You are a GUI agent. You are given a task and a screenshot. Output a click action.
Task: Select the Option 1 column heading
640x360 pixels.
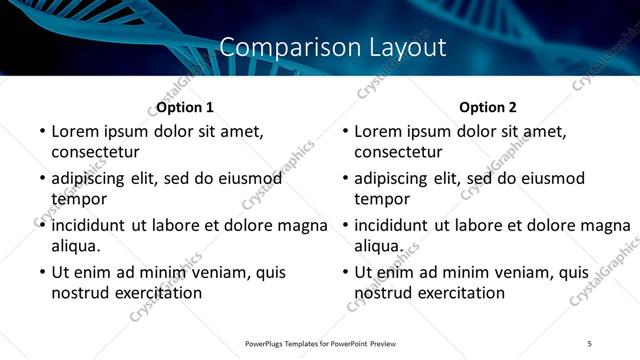pos(185,107)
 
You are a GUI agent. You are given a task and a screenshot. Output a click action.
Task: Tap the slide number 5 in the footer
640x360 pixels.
pos(590,343)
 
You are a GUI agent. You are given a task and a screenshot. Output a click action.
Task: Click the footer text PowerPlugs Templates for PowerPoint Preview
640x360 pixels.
pos(320,343)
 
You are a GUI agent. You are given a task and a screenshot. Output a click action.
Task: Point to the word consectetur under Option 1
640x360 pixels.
pos(95,152)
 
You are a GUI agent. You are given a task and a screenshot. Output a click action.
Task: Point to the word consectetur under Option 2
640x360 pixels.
pos(398,152)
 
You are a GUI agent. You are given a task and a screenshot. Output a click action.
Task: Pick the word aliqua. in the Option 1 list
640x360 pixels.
pos(76,246)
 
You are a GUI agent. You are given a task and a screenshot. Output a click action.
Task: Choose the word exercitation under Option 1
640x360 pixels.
pos(158,293)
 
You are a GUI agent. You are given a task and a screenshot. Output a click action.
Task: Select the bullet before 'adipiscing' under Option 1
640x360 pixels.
pos(41,178)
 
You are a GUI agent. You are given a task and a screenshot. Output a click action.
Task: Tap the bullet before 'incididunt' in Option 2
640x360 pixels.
pos(345,225)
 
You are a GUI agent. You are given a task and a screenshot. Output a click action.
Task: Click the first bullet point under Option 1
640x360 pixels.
pos(41,131)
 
